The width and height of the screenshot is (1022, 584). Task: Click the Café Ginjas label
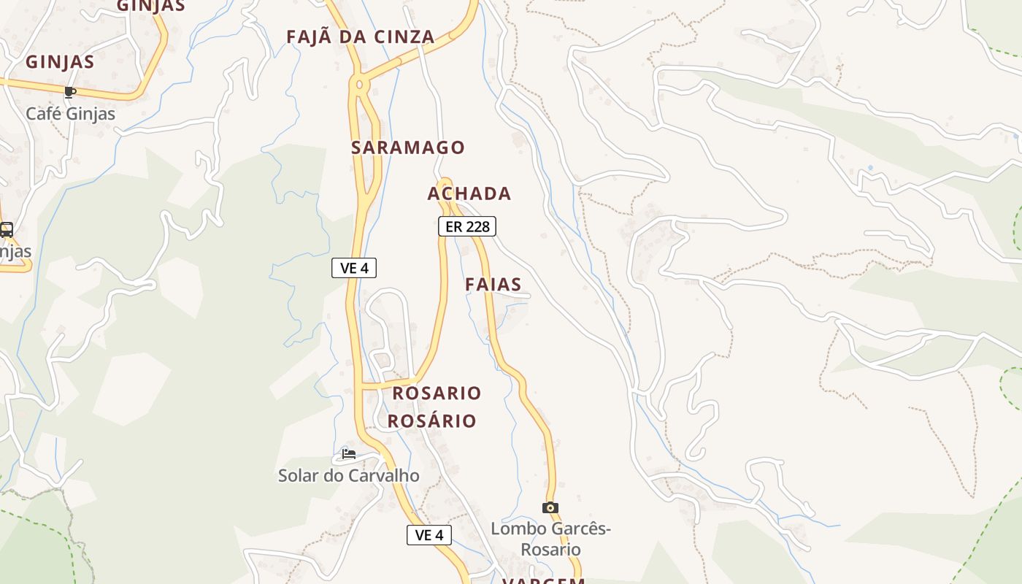[x=70, y=114]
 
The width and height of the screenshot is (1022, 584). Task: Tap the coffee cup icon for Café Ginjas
[x=70, y=92]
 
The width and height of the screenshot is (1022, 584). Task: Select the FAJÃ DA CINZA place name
[x=360, y=36]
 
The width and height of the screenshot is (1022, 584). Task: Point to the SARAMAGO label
[x=407, y=147]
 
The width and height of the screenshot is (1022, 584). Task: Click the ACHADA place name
[x=469, y=193]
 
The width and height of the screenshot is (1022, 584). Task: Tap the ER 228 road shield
[x=467, y=226]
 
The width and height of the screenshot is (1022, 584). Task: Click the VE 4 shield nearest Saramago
[x=354, y=268]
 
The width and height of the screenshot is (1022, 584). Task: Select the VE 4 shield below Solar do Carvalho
[x=429, y=535]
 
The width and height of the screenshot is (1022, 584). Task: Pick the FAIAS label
[x=493, y=285]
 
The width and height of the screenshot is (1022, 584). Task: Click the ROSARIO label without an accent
[x=437, y=393]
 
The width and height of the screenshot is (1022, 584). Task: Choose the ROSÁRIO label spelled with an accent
[x=431, y=421]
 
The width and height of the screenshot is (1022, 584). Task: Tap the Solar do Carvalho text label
[x=349, y=476]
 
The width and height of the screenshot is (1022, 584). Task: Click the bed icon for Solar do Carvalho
[x=349, y=454]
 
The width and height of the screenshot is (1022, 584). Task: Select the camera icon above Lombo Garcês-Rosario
[x=550, y=507]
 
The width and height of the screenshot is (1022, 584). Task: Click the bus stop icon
[x=7, y=230]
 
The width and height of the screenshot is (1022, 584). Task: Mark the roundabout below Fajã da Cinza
[x=358, y=85]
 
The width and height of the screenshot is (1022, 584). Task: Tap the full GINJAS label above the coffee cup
[x=60, y=62]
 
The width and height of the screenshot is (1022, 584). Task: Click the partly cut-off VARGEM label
[x=543, y=580]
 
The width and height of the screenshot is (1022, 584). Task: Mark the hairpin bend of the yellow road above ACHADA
[x=445, y=182]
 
